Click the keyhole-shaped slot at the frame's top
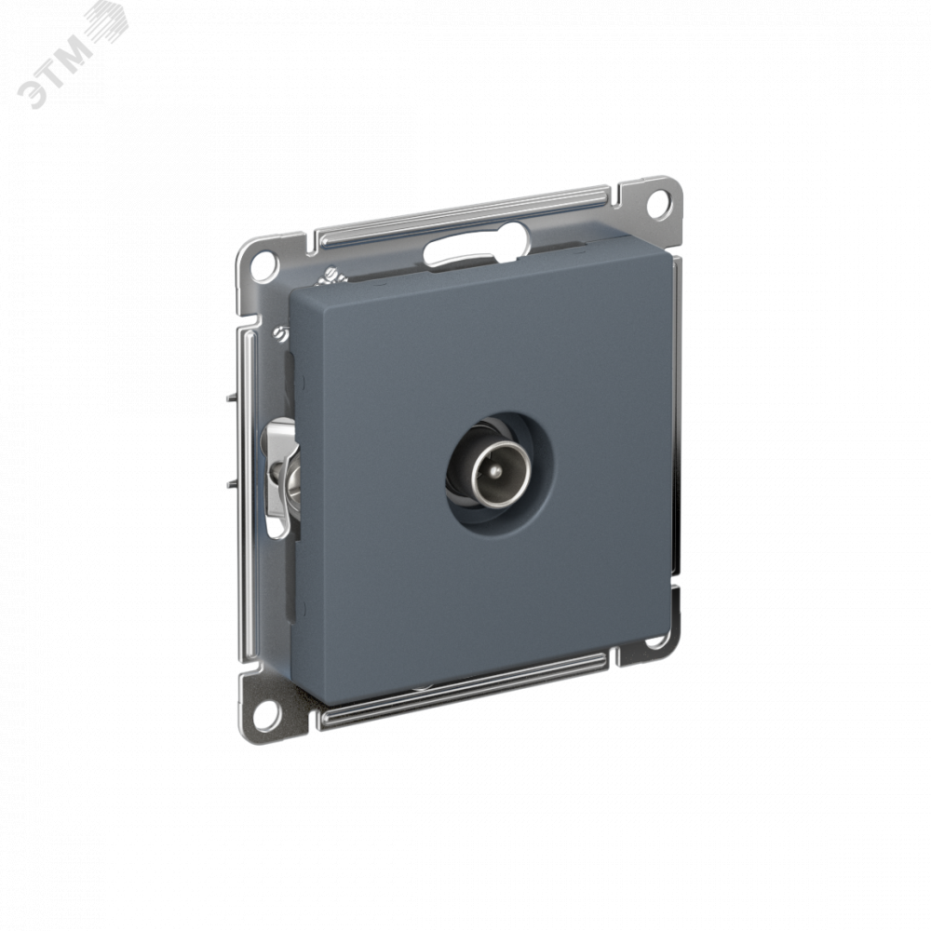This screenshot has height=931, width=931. pos(475,249)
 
